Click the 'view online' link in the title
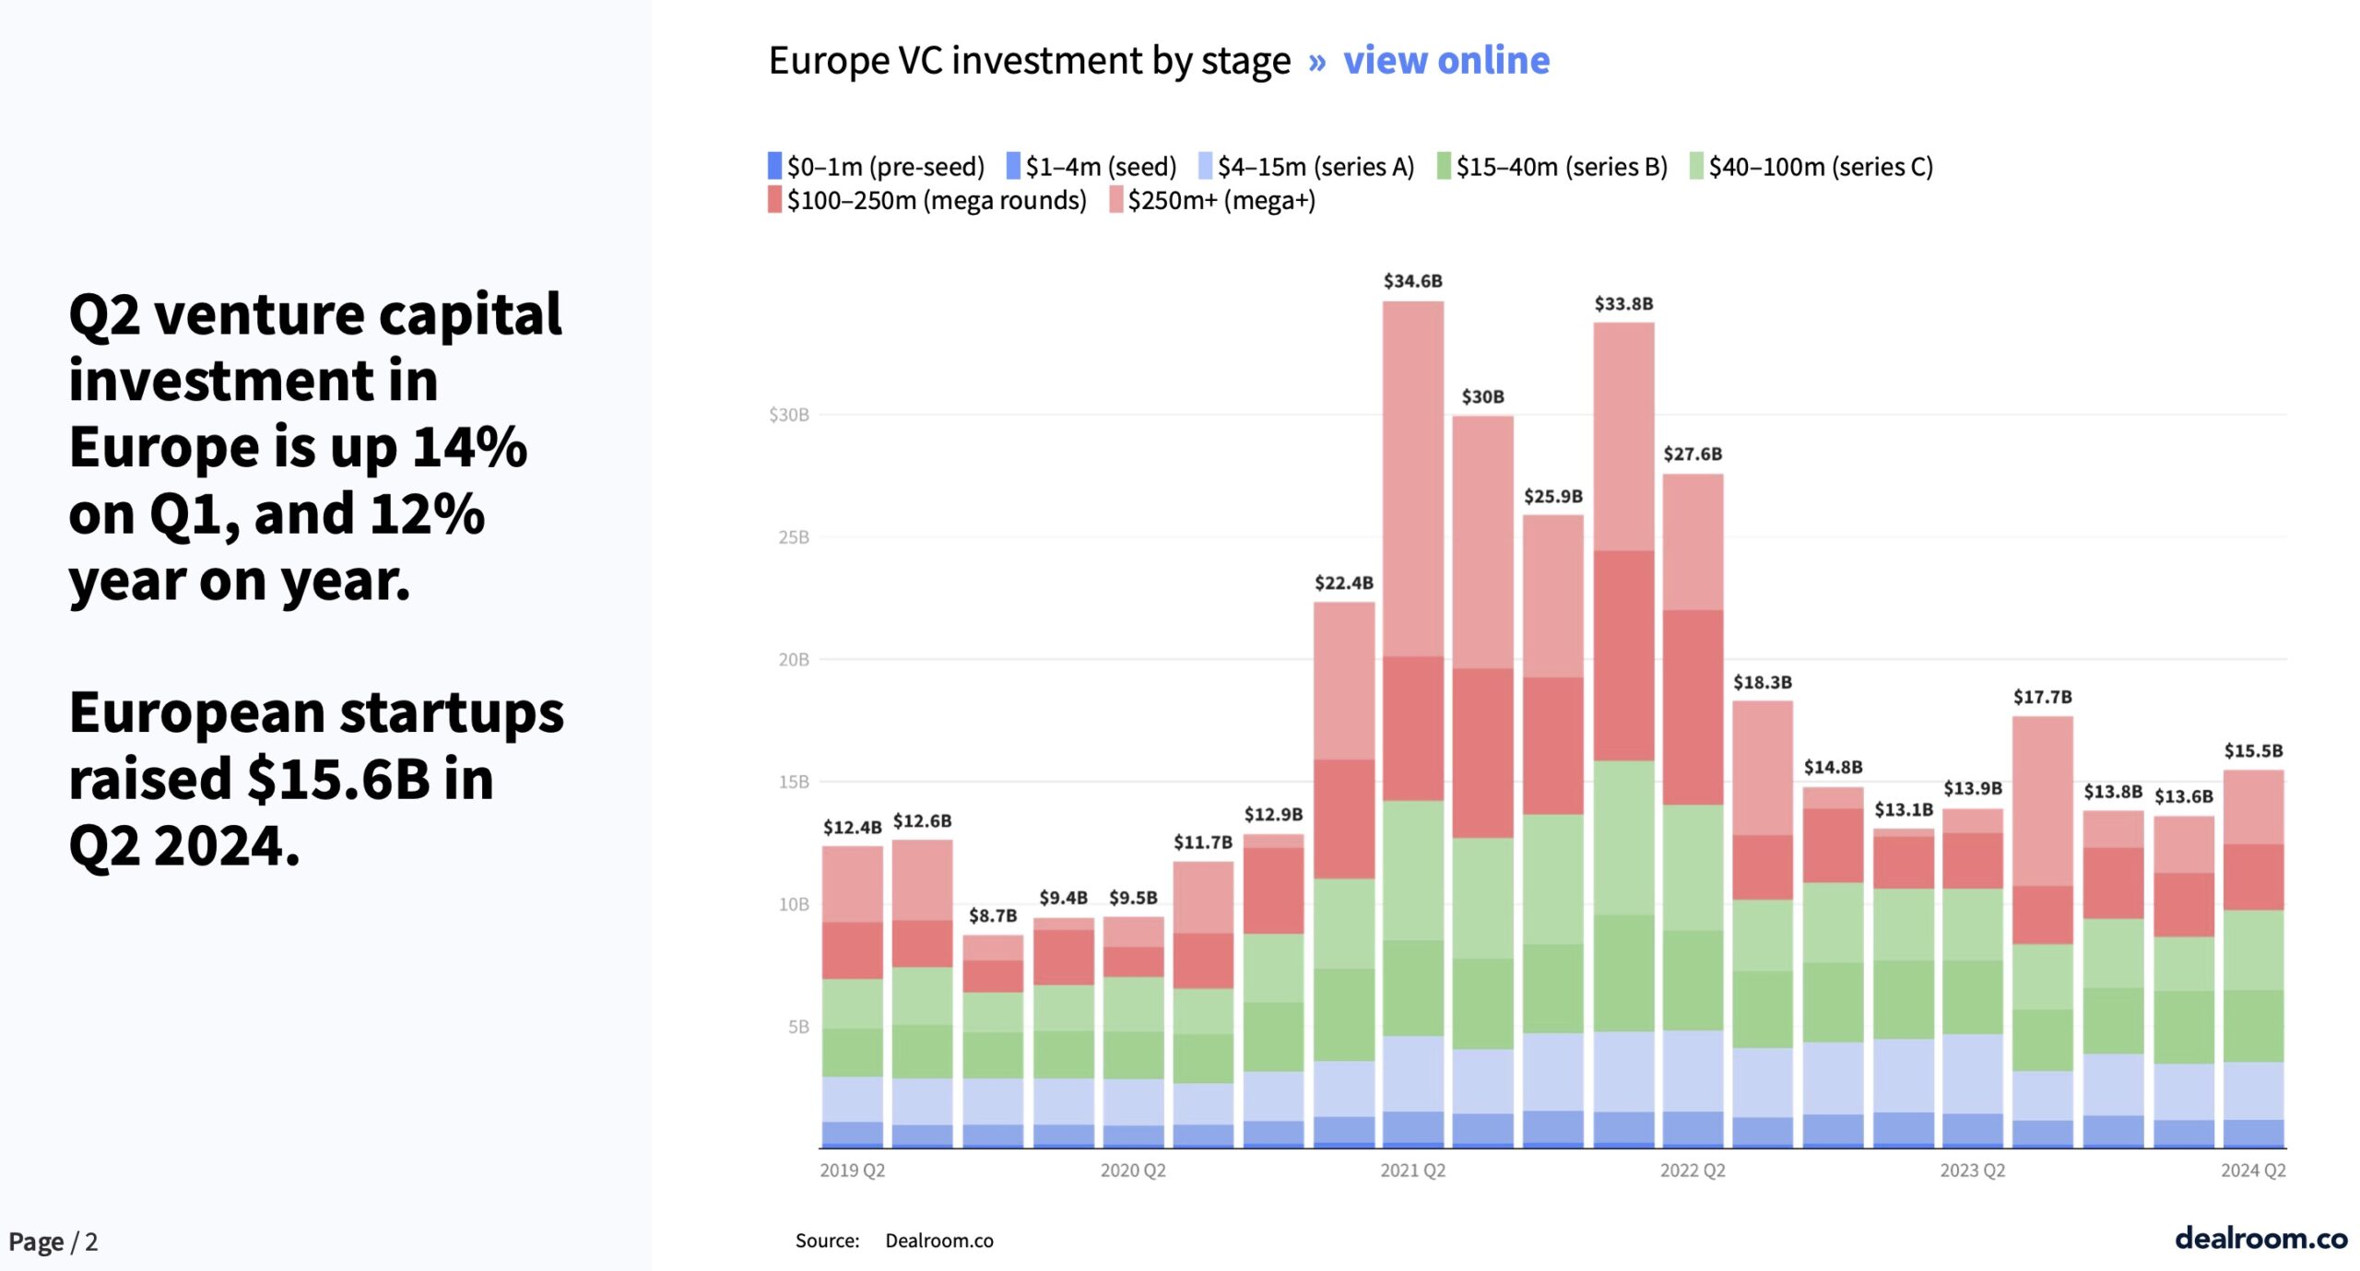1445,61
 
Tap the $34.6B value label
1412,281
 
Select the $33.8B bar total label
1623,304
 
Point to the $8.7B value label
992,915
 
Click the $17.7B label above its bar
2042,697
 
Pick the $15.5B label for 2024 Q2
2253,750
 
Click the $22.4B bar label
1343,583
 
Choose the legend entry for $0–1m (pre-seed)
876,167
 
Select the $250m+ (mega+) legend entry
1212,200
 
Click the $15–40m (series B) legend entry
1552,167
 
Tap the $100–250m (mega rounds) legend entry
926,200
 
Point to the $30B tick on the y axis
789,415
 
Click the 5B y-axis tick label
798,1027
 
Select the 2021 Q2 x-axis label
1412,1171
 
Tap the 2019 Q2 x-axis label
852,1171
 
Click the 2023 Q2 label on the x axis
1972,1171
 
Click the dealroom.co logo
2260,1238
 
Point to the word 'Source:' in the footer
827,1241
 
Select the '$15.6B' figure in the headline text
338,780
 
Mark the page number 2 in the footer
91,1242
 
